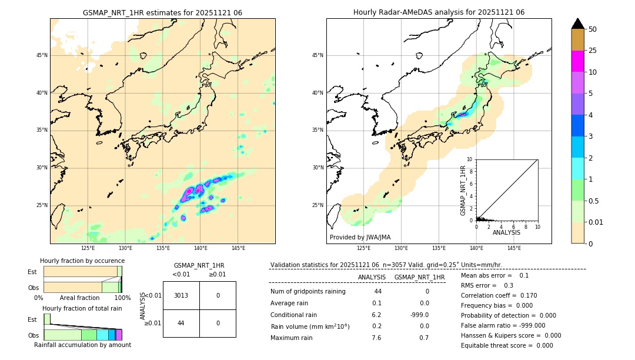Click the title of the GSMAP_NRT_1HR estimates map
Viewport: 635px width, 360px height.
[x=162, y=12]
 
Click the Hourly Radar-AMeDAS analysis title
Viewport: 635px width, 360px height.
[x=439, y=12]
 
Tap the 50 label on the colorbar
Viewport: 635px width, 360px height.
[x=593, y=29]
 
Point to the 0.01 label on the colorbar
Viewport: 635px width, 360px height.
[x=596, y=222]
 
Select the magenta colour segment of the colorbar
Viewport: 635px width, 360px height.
[x=577, y=61]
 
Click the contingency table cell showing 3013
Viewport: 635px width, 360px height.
[x=181, y=295]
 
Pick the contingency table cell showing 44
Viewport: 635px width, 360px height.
[x=181, y=323]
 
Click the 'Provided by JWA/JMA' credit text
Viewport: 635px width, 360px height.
[x=360, y=237]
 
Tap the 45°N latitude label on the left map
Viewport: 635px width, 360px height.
[x=42, y=55]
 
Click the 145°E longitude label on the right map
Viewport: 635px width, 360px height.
[x=514, y=248]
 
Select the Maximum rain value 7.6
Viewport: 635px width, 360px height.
[x=376, y=338]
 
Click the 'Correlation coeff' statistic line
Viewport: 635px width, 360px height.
[x=499, y=295]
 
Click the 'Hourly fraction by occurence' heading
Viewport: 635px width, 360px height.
[x=82, y=261]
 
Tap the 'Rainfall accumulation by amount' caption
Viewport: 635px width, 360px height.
[x=82, y=345]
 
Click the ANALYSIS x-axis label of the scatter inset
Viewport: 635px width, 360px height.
[x=506, y=232]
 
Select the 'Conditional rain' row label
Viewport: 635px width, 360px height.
[x=295, y=315]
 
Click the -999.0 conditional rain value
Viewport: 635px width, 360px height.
[x=419, y=315]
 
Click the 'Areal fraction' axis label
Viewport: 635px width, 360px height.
[x=79, y=298]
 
